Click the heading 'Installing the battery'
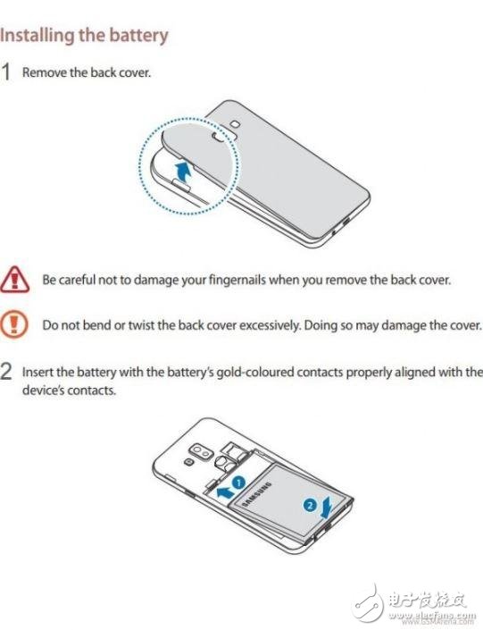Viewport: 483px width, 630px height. [84, 36]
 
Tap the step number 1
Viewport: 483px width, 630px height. [6, 72]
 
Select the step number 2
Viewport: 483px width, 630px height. [6, 372]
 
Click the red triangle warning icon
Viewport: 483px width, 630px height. [14, 279]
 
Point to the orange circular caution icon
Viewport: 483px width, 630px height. [14, 323]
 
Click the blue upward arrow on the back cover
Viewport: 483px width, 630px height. [183, 171]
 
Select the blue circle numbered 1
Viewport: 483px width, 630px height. [239, 482]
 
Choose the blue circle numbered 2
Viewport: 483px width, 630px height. [310, 505]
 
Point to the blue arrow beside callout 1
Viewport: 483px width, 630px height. [225, 491]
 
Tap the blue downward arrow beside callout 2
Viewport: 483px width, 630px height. [327, 507]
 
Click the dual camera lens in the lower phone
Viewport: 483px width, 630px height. [201, 451]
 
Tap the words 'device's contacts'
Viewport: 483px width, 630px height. [69, 391]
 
